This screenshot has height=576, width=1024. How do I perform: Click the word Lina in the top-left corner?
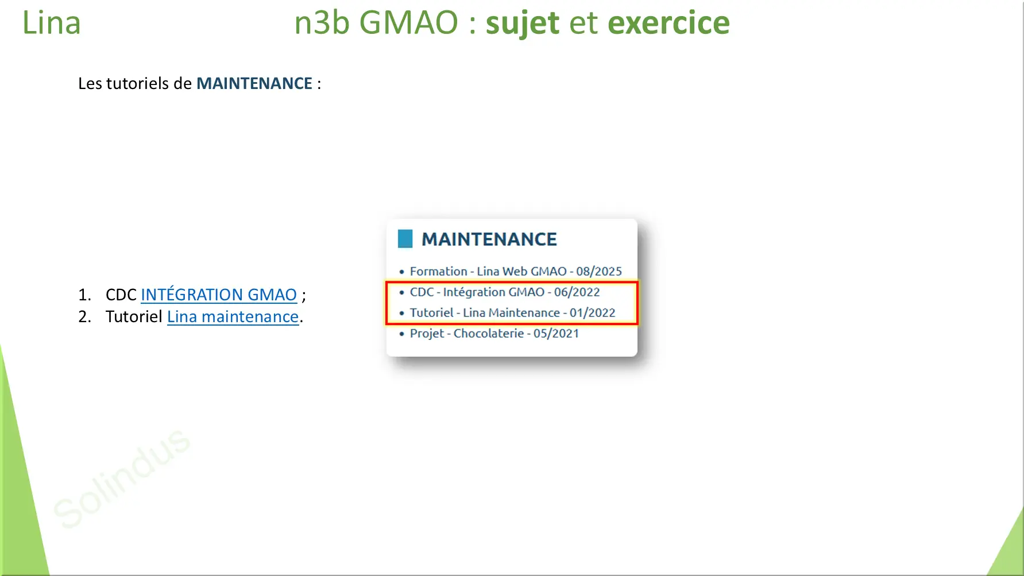click(x=51, y=24)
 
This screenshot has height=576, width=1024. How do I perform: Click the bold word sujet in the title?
click(x=522, y=24)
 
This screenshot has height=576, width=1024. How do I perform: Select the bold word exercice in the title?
click(x=669, y=23)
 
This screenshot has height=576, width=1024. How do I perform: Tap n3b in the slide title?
click(x=322, y=23)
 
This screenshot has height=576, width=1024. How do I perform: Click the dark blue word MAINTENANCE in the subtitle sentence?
click(x=254, y=83)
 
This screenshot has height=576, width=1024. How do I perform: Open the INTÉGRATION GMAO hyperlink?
click(x=219, y=295)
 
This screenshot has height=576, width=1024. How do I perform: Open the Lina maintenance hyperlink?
click(x=233, y=316)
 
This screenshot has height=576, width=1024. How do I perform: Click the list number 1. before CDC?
click(x=84, y=295)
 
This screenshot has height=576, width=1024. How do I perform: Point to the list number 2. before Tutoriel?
click(x=84, y=316)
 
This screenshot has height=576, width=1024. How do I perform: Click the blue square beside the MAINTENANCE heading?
click(x=405, y=239)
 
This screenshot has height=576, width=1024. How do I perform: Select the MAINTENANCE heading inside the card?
click(x=489, y=239)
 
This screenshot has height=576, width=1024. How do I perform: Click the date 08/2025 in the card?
click(x=599, y=271)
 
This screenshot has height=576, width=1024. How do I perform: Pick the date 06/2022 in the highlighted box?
click(x=577, y=292)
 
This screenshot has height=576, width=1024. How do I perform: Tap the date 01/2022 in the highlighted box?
click(x=592, y=312)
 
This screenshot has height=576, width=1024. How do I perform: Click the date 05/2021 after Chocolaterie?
click(x=556, y=333)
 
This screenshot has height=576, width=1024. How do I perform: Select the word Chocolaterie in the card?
click(x=489, y=333)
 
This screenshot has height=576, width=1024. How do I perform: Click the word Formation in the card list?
click(x=439, y=271)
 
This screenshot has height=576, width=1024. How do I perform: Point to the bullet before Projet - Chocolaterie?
click(x=401, y=334)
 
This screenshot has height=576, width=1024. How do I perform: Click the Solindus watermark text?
click(x=121, y=478)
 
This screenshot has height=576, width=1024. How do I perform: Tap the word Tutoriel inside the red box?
click(x=431, y=312)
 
